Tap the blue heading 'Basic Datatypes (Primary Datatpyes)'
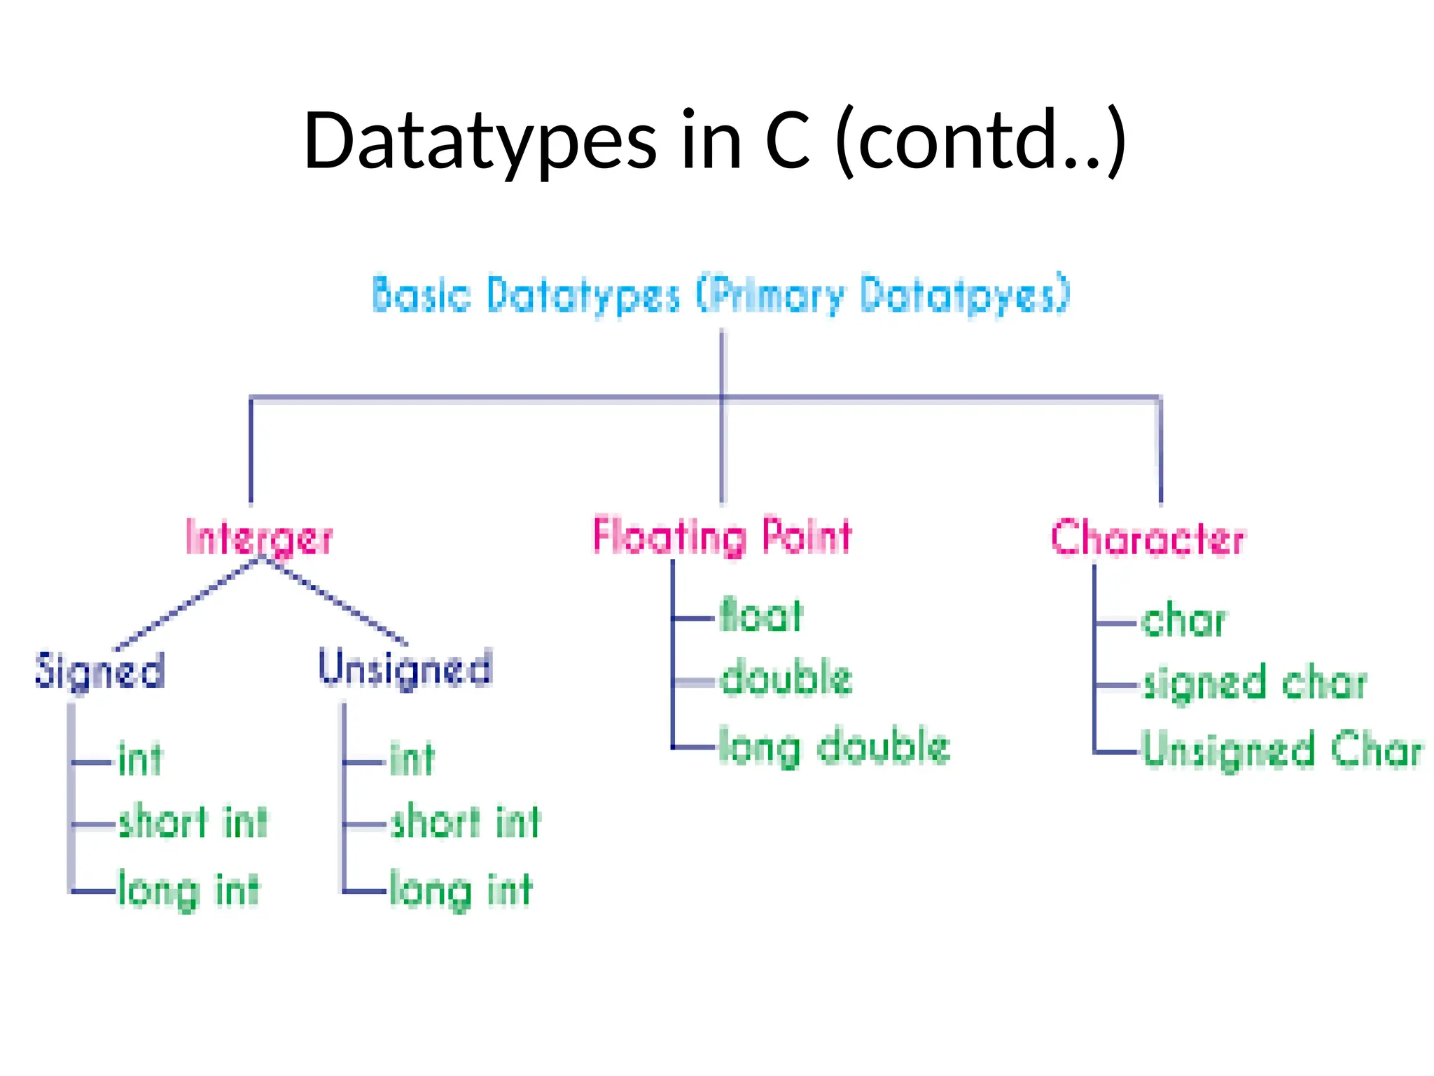721,294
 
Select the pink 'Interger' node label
259,538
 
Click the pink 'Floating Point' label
723,537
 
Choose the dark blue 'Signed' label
100,670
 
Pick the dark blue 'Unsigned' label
405,668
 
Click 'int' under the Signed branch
140,759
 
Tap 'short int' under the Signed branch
193,822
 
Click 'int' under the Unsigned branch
412,759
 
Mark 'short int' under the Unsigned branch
466,822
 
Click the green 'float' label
761,616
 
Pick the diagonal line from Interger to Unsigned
335,602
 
